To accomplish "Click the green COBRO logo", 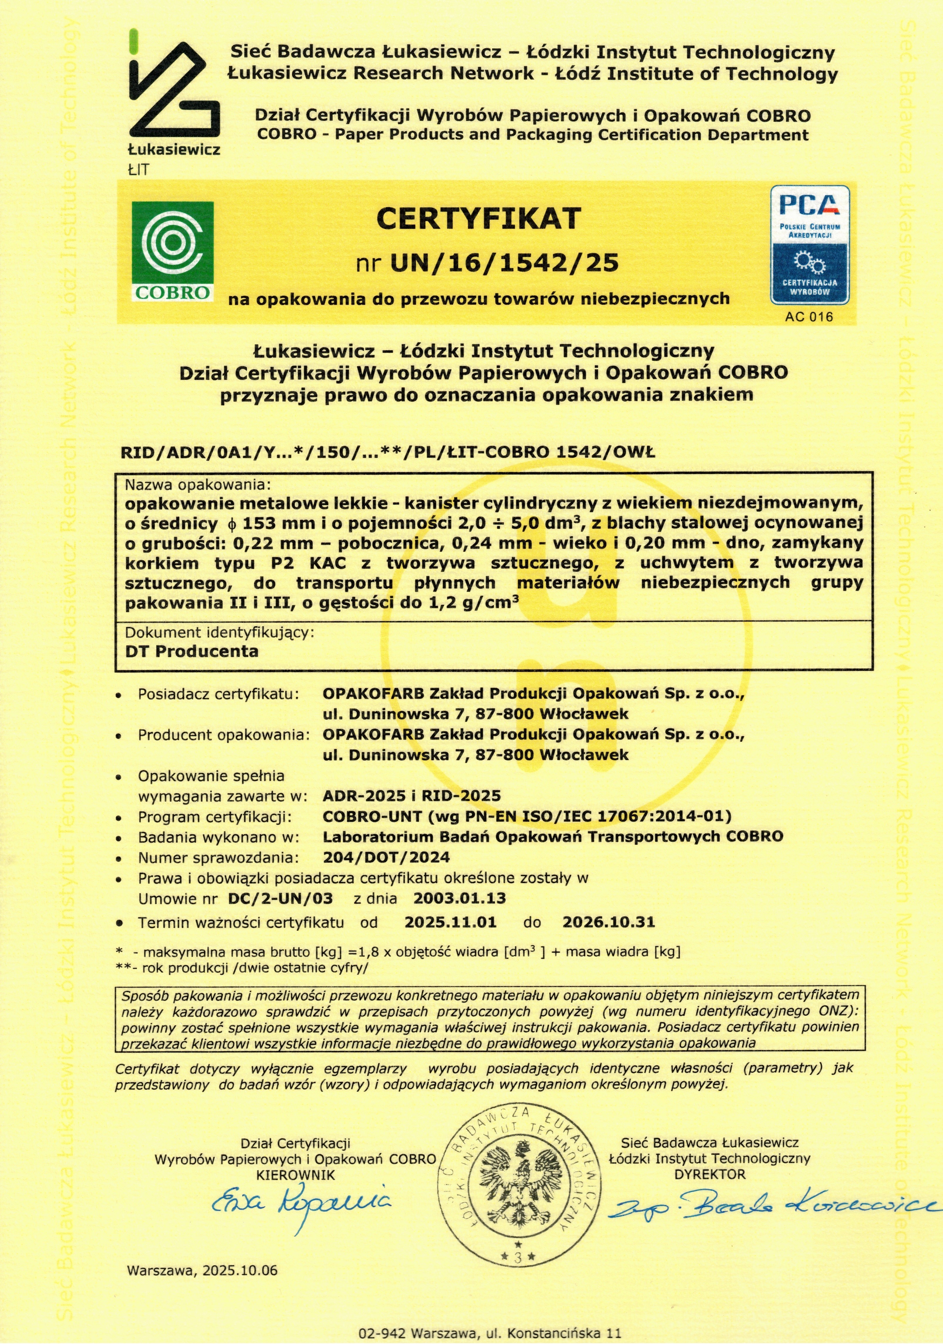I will click(172, 251).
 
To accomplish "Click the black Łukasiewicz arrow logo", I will click(174, 88).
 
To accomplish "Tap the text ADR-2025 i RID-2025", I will click(412, 795).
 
